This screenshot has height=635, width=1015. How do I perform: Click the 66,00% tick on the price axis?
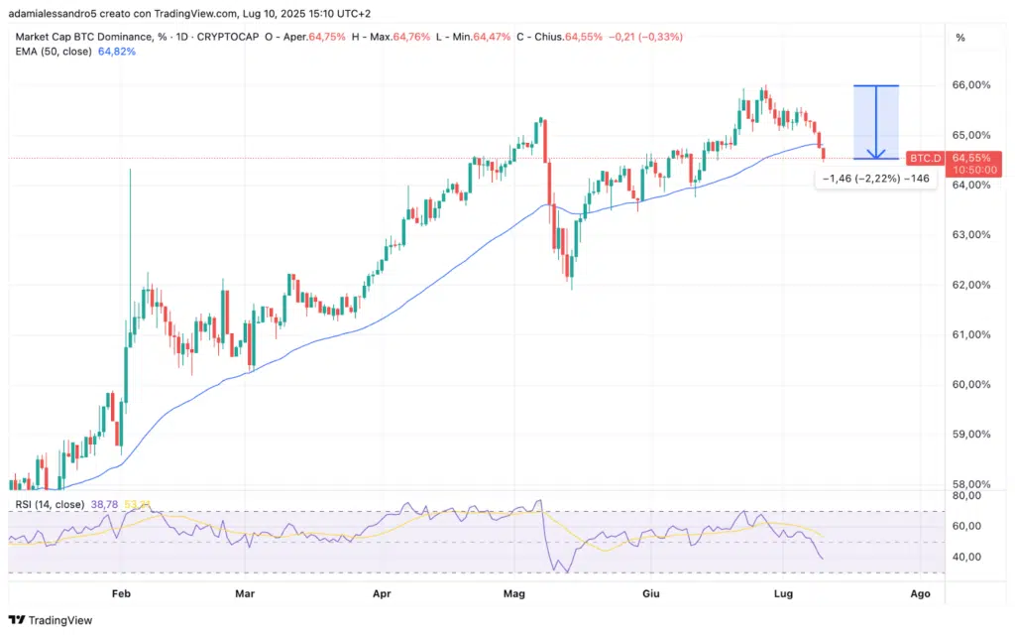[971, 85]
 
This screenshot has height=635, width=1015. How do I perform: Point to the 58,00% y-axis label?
[971, 484]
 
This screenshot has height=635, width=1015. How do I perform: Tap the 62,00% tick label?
[971, 285]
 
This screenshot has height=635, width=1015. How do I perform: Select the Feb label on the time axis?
[121, 593]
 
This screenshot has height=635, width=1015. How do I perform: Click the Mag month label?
[512, 593]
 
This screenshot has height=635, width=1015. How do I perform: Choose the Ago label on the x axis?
[920, 593]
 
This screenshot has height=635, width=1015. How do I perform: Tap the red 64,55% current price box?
[975, 158]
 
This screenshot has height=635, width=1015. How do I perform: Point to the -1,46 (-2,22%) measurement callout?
[874, 179]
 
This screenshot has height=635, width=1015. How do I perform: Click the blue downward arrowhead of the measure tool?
[876, 154]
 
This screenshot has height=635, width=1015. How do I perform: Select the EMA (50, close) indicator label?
[54, 51]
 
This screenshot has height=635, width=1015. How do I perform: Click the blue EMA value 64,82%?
[117, 51]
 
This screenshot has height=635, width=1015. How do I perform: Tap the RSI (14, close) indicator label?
[49, 505]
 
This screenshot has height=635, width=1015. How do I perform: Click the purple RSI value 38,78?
[104, 505]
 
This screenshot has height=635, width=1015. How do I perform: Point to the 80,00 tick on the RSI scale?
[966, 495]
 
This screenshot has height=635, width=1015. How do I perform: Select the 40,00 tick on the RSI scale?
[966, 557]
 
